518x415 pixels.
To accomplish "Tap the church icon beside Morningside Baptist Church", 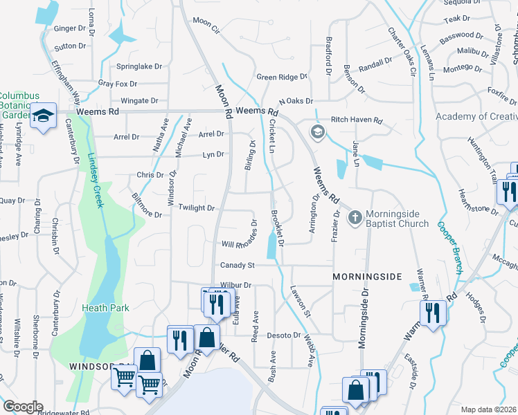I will coord(355,218).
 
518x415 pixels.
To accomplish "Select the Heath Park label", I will coord(105,308).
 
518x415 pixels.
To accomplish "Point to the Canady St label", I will coord(238,265).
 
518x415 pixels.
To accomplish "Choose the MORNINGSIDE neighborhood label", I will coord(366,277).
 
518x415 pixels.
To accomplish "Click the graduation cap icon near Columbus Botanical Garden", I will coord(43,117).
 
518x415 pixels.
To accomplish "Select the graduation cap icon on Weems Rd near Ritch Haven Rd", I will coord(317,131).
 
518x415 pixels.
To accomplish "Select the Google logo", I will coord(23,406).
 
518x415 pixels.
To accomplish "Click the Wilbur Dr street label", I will coord(235,284).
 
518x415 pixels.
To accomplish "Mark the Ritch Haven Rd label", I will coord(356,120).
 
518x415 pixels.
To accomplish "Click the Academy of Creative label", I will coord(476,116).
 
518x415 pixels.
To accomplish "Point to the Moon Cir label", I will coord(206,22).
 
